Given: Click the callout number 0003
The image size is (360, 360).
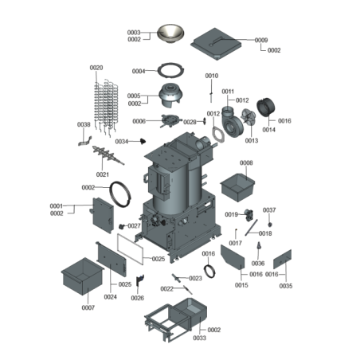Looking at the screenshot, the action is [134, 33].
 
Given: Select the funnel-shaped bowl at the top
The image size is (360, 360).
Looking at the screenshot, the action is [170, 34].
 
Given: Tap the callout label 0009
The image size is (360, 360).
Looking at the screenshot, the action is [261, 40].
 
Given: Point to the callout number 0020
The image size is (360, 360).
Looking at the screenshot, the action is [96, 68].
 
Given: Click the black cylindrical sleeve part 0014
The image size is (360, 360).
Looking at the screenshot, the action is [266, 108].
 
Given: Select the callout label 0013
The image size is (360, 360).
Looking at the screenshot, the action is [252, 140].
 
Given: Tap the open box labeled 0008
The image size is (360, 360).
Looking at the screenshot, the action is [237, 187].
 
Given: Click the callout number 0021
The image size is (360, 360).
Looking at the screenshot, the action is [103, 174].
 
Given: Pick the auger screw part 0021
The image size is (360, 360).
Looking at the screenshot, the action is [108, 155].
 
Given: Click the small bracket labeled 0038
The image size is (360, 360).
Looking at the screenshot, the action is [84, 142].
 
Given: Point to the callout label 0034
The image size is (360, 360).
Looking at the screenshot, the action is [122, 142].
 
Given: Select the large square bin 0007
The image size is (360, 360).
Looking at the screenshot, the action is [83, 276].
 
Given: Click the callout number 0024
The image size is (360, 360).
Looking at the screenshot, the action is [111, 297].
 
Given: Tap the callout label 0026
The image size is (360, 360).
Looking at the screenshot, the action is [138, 298].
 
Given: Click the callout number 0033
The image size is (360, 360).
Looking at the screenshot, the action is [199, 338].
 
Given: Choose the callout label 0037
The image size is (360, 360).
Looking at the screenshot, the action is [269, 210].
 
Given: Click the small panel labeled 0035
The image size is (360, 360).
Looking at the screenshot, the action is [282, 259].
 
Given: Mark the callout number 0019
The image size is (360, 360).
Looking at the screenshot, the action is [231, 214].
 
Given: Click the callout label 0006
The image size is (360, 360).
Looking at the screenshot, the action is [139, 121].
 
